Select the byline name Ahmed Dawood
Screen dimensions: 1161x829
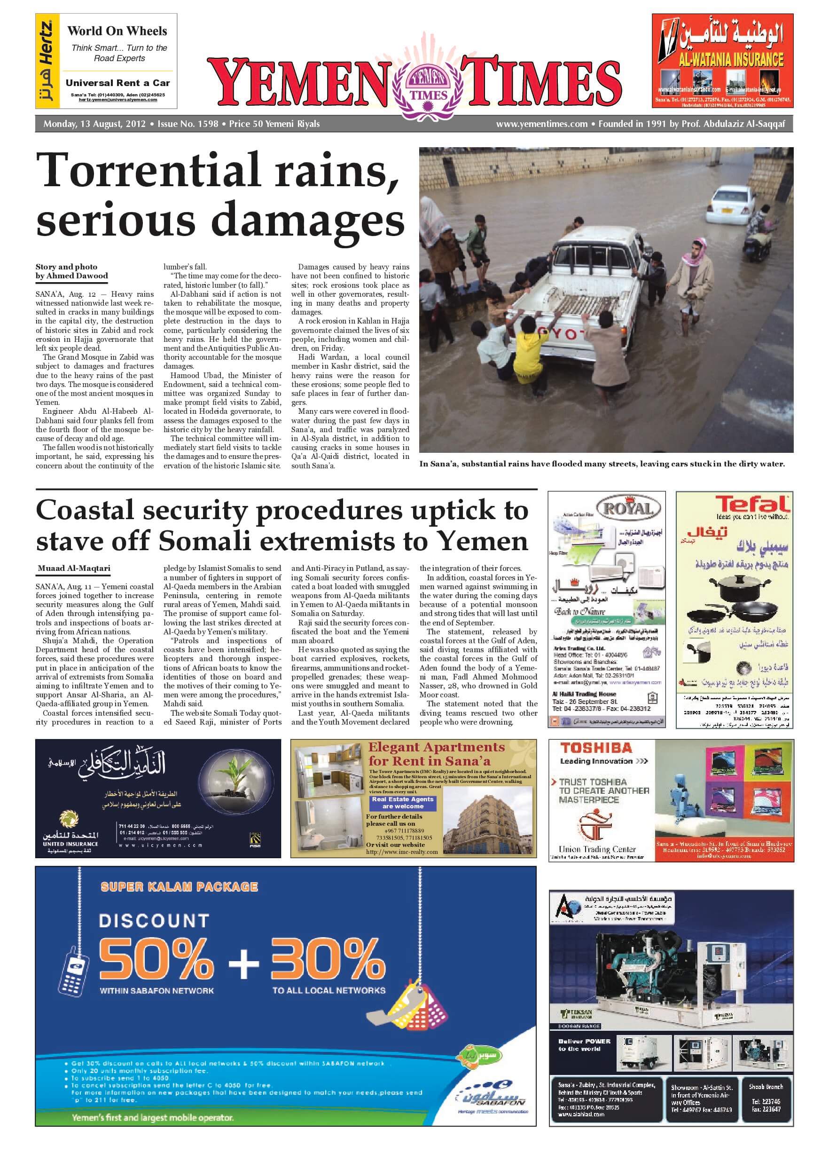coord(77,276)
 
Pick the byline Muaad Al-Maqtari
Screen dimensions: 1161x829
coord(74,569)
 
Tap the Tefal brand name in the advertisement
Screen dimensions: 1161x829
coord(752,504)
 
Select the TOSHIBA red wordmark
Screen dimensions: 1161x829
coord(596,748)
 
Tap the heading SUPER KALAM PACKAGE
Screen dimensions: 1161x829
coord(179,887)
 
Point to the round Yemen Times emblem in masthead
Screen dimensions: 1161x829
coord(428,86)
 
